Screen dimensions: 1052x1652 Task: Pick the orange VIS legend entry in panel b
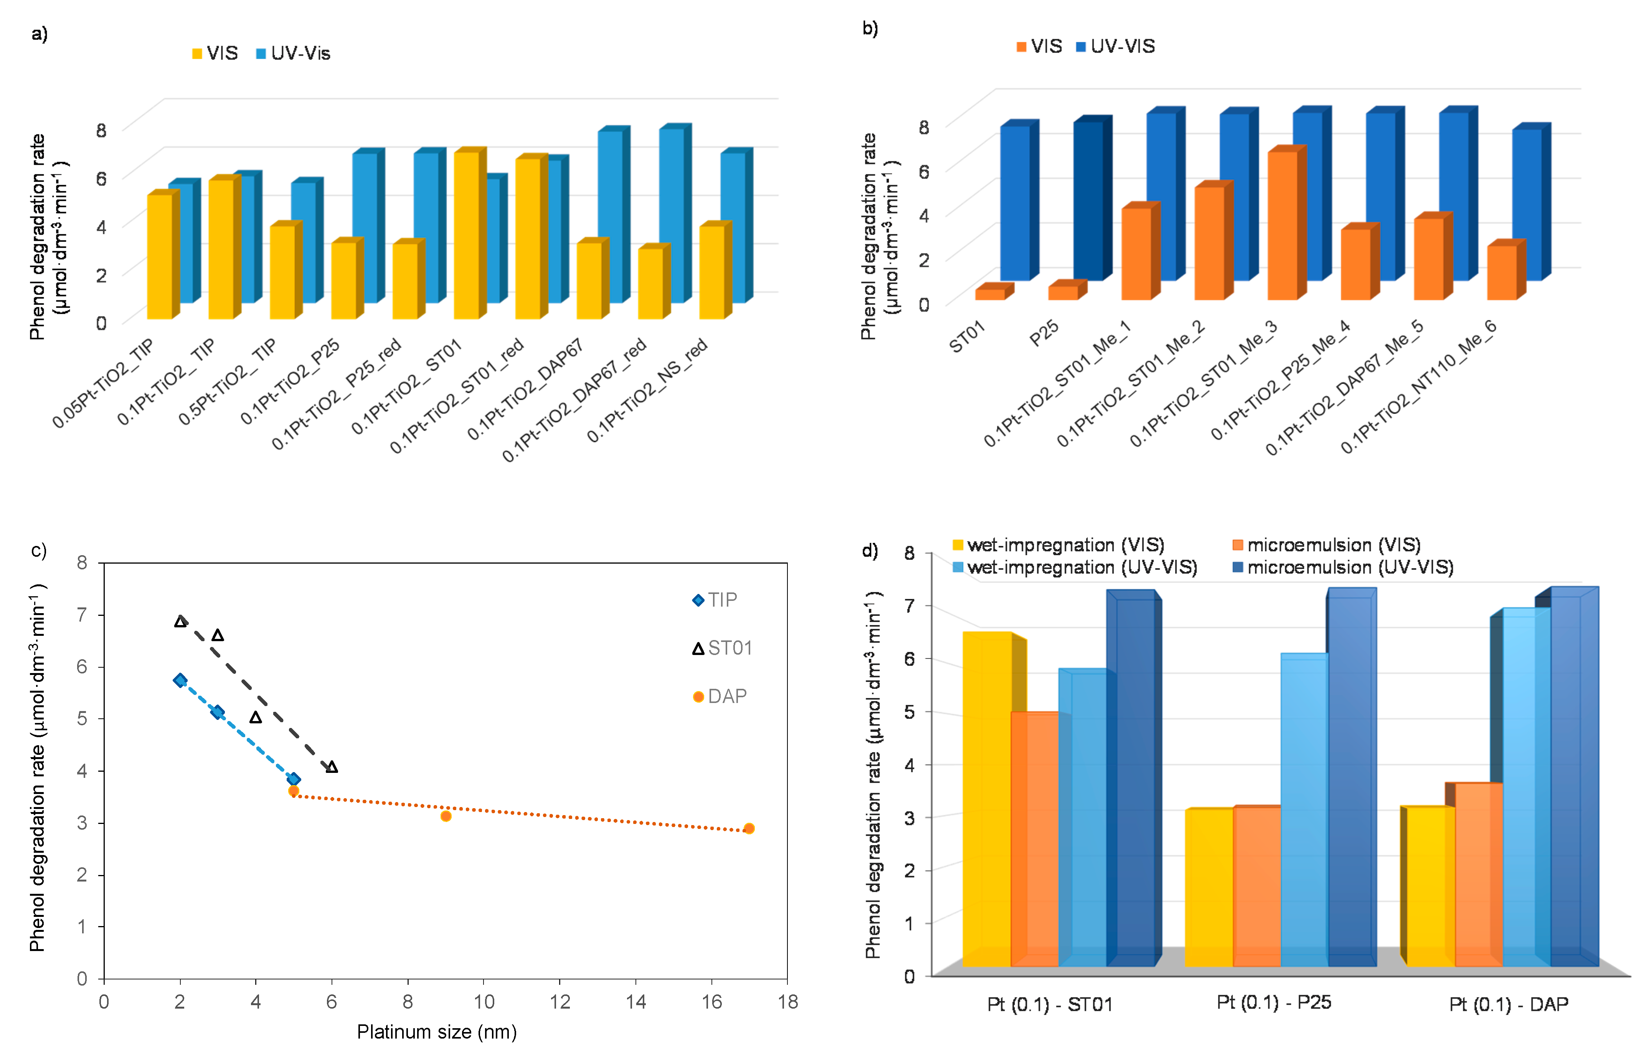[x=1040, y=47]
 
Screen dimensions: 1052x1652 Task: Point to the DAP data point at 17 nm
[x=749, y=828]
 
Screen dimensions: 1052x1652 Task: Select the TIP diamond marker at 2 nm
[x=180, y=680]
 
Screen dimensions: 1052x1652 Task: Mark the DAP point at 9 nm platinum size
[x=446, y=816]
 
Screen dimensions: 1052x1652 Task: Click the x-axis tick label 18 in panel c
[x=787, y=1002]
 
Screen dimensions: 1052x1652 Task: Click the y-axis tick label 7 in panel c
[x=83, y=614]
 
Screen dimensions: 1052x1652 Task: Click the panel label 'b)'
[x=870, y=29]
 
